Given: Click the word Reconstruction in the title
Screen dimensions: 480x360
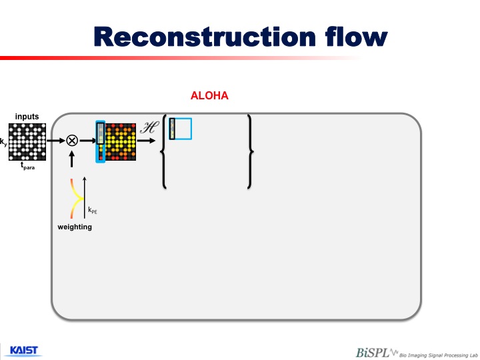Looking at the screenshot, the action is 205,37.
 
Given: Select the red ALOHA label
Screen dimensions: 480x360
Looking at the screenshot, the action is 209,95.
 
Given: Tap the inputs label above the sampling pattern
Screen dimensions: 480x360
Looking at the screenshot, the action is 27,116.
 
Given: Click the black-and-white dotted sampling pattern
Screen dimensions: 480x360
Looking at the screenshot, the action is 27,142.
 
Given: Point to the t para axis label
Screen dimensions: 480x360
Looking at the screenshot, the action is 27,166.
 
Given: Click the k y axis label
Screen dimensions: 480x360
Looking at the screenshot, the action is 3,143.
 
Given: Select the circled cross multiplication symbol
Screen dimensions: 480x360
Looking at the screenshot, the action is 72,141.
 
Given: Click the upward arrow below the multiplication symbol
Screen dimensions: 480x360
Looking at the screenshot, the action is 71,159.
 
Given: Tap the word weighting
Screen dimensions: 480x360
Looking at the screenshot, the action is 75,227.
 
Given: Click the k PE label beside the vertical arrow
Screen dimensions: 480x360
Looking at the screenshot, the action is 93,210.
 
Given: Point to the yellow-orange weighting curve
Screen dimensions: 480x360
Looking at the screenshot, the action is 76,199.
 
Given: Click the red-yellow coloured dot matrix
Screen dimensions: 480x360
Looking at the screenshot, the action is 117,142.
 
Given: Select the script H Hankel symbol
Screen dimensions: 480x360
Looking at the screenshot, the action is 149,127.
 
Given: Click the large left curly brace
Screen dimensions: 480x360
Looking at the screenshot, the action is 164,151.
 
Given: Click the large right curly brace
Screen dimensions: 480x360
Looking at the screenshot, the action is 250,151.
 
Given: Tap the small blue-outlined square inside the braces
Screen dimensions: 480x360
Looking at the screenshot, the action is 181,129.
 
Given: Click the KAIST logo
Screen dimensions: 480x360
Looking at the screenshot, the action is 24,351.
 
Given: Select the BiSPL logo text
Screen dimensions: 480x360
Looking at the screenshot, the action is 372,353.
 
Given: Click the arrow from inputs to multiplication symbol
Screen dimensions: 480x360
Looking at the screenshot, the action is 56,141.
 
